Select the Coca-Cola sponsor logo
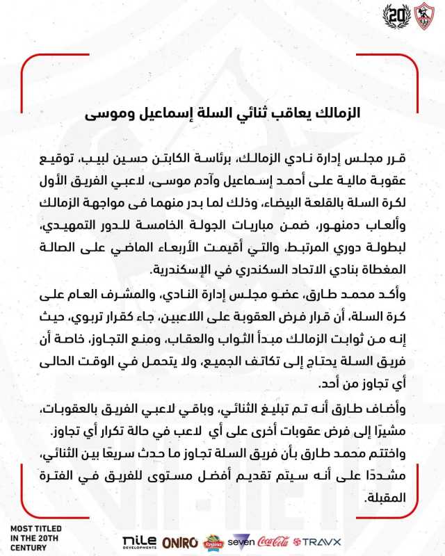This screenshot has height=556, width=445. (273, 541)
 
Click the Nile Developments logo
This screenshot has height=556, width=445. (138, 541)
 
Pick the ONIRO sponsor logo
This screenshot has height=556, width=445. (179, 541)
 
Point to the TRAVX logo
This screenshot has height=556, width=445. (316, 541)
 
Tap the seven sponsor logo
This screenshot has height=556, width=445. (241, 541)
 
